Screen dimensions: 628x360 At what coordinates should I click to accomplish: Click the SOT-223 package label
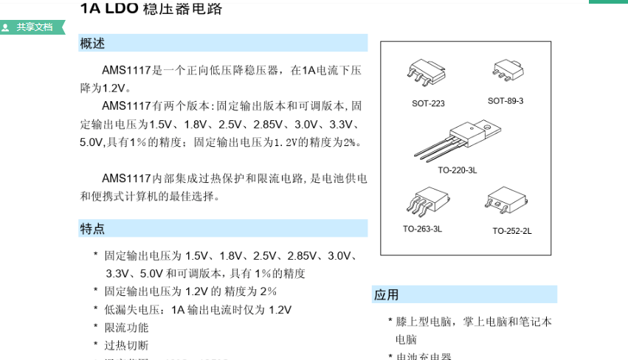pos(428,103)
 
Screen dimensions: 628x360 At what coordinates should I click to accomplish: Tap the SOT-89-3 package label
pos(505,100)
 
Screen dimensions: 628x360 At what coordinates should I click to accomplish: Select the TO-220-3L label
pos(458,170)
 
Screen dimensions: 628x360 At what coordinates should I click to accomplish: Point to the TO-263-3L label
pos(422,229)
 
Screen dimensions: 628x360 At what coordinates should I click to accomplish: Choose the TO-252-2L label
pos(512,231)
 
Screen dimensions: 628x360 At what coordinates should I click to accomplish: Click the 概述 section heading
pos(92,44)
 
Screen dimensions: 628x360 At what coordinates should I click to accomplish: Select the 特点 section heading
pos(92,229)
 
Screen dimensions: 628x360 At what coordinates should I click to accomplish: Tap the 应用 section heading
pos(387,295)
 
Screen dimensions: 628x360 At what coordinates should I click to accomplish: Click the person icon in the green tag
pos(6,28)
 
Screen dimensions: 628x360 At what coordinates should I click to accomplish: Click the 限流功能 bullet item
pos(126,328)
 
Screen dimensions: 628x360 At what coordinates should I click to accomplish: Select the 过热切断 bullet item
pos(126,345)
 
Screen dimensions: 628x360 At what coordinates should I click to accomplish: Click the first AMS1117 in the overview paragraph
pos(126,71)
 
